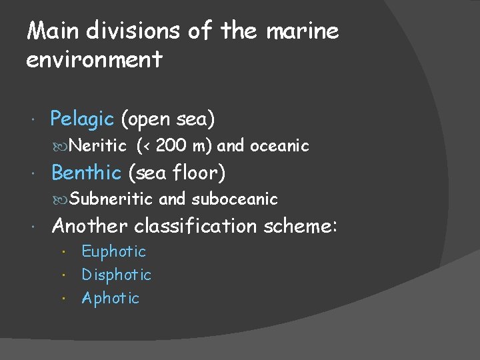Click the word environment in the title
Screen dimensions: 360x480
(x=94, y=60)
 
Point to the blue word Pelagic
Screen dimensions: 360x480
(x=83, y=119)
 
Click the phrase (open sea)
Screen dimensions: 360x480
(x=168, y=119)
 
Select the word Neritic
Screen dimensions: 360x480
(x=97, y=145)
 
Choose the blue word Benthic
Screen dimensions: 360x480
(x=86, y=173)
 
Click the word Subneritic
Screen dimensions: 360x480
(x=111, y=199)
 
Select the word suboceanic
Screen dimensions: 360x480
(x=235, y=199)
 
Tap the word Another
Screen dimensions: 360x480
(x=89, y=226)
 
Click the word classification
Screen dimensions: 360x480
(x=195, y=226)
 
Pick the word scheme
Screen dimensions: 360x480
(x=300, y=226)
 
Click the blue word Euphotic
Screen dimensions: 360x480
(x=113, y=251)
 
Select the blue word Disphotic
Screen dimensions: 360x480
(x=117, y=275)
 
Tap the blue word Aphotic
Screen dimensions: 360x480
(x=110, y=298)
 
